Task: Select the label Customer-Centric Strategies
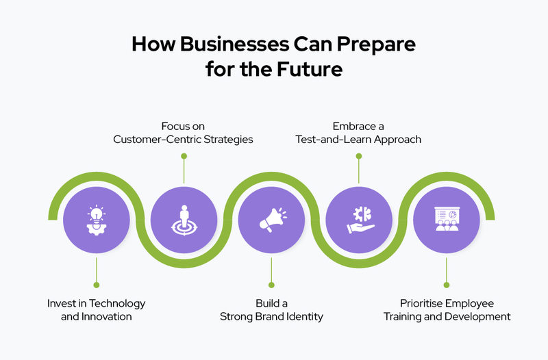pyautogui.click(x=184, y=139)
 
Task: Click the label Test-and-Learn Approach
pyautogui.click(x=358, y=139)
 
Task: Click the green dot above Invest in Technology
pyautogui.click(x=96, y=284)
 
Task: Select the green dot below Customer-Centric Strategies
pyautogui.click(x=184, y=156)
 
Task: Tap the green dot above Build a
pyautogui.click(x=271, y=284)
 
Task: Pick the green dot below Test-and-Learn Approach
pyautogui.click(x=358, y=156)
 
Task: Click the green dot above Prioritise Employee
pyautogui.click(x=446, y=284)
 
